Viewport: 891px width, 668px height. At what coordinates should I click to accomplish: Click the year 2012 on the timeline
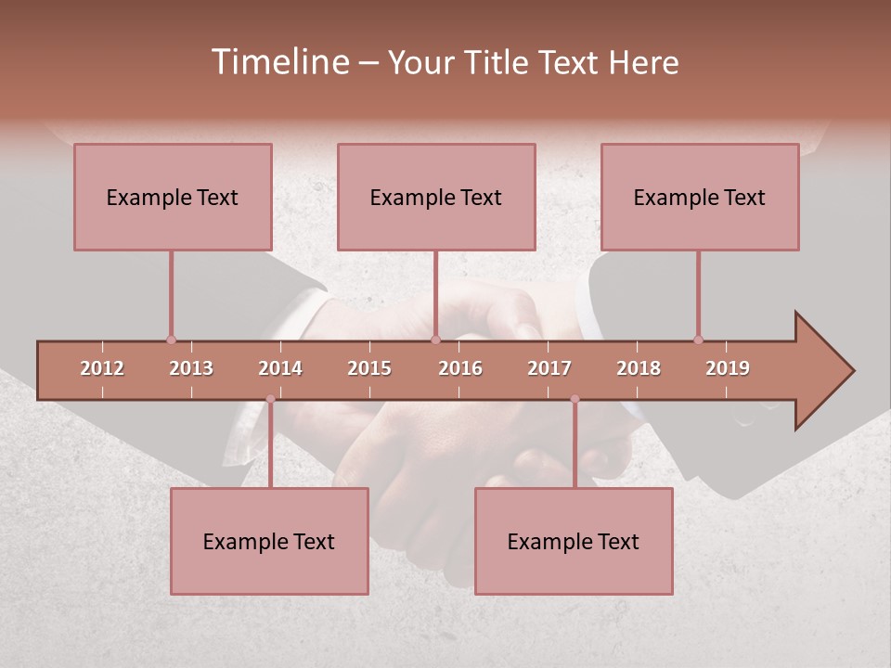tap(102, 368)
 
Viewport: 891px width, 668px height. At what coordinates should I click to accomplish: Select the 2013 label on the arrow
tap(191, 368)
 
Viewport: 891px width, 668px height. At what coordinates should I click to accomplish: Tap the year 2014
tap(280, 368)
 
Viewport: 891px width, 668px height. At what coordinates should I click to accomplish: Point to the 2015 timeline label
tap(369, 368)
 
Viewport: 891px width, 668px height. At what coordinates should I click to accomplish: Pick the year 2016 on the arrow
tap(460, 368)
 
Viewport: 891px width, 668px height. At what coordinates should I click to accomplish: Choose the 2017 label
tap(549, 368)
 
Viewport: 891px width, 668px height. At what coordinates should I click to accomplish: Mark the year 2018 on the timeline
tap(639, 368)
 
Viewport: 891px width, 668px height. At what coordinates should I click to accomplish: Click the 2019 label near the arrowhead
tap(728, 368)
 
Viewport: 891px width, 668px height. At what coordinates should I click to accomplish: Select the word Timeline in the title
tap(278, 62)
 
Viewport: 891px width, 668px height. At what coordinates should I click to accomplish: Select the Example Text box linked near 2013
tap(173, 198)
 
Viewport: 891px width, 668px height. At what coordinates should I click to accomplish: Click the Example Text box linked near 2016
tap(436, 198)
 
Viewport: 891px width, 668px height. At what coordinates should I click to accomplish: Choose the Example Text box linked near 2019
tap(700, 198)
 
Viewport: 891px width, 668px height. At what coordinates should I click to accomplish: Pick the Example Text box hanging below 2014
tap(269, 542)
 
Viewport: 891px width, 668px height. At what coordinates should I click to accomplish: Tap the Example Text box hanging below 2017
tap(574, 542)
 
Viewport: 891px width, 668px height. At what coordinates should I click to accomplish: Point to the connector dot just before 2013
tap(171, 340)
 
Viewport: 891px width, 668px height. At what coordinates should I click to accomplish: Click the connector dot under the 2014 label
tap(270, 399)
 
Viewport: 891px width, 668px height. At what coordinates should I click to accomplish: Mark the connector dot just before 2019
tap(698, 340)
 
